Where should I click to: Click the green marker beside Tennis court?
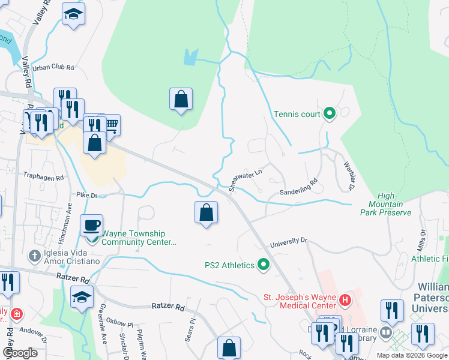[x=329, y=113]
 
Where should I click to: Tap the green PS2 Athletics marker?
[x=263, y=265]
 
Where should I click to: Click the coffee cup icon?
[x=92, y=225]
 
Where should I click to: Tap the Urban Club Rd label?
[x=53, y=68]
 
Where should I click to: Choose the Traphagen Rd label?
[x=43, y=178]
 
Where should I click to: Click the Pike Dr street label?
[x=86, y=195]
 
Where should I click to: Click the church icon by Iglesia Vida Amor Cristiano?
[x=35, y=255]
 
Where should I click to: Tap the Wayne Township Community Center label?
[x=139, y=238]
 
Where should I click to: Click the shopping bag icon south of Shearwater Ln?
[x=206, y=212]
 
